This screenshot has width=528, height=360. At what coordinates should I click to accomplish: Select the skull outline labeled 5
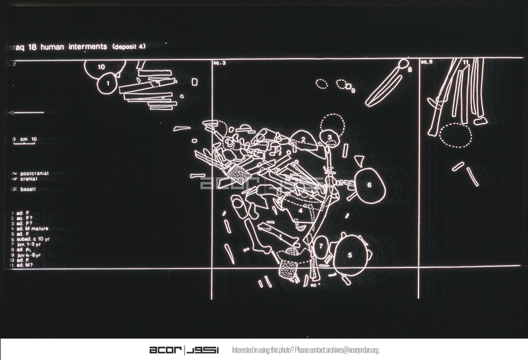point(350,254)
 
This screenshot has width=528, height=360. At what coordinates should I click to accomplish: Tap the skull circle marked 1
point(107,84)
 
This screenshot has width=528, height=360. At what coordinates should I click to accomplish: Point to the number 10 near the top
point(101,67)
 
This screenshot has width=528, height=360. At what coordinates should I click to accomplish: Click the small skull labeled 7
point(320,246)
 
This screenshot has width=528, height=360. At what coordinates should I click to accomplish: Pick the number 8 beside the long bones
point(410,69)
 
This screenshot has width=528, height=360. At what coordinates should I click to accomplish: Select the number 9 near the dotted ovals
point(353,90)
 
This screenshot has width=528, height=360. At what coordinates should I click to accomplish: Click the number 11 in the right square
point(466,63)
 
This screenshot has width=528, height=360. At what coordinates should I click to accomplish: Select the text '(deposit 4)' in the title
point(133,47)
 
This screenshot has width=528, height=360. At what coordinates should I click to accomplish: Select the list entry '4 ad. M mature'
point(30,229)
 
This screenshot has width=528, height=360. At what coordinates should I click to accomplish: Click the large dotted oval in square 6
point(455,135)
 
